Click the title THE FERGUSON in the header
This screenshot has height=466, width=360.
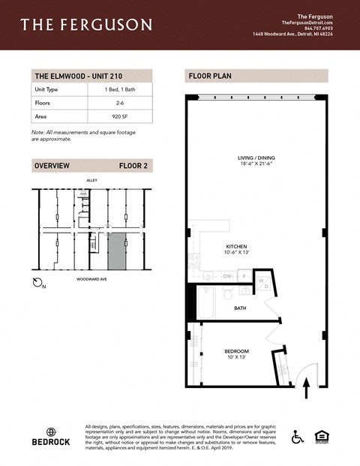[x=85, y=25]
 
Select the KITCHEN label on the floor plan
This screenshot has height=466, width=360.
[x=237, y=246]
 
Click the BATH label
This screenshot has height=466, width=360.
[x=240, y=308]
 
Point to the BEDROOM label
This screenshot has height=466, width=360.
[x=236, y=351]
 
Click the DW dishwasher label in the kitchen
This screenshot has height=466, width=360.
[x=227, y=276]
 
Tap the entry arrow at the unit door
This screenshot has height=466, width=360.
[x=306, y=387]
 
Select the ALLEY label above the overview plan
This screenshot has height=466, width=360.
[x=92, y=181]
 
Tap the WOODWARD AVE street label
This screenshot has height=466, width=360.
[x=92, y=278]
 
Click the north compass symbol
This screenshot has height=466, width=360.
[x=40, y=283]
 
